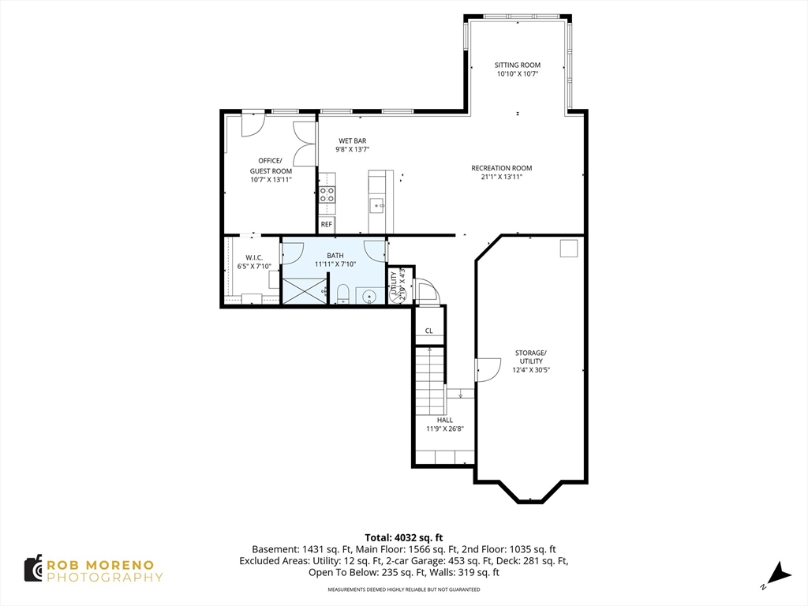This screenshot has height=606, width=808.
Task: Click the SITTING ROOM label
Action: coord(518,65)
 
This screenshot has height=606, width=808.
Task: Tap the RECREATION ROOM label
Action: coord(501,168)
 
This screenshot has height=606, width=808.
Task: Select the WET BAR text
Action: coord(353,140)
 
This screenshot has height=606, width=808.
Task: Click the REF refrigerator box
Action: coord(327,225)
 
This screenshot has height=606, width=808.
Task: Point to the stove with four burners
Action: coord(327,195)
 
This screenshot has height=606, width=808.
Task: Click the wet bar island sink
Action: coord(378,205)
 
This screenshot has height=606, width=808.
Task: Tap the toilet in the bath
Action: coord(342,294)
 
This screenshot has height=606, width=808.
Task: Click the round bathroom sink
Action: coord(369,297)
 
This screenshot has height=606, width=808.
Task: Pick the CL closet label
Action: coord(428,331)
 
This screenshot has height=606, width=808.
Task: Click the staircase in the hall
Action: coord(430,381)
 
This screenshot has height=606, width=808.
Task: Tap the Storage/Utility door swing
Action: coord(488,370)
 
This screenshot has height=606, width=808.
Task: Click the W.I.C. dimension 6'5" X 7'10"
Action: coord(254,267)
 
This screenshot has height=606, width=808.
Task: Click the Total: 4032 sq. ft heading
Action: coord(404,538)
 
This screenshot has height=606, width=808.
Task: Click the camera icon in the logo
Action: coord(33,568)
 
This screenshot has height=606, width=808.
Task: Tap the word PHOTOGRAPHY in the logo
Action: coord(105,577)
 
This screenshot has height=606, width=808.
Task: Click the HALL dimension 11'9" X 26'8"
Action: coord(445,428)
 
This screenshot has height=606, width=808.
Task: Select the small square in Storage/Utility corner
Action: coord(569,249)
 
